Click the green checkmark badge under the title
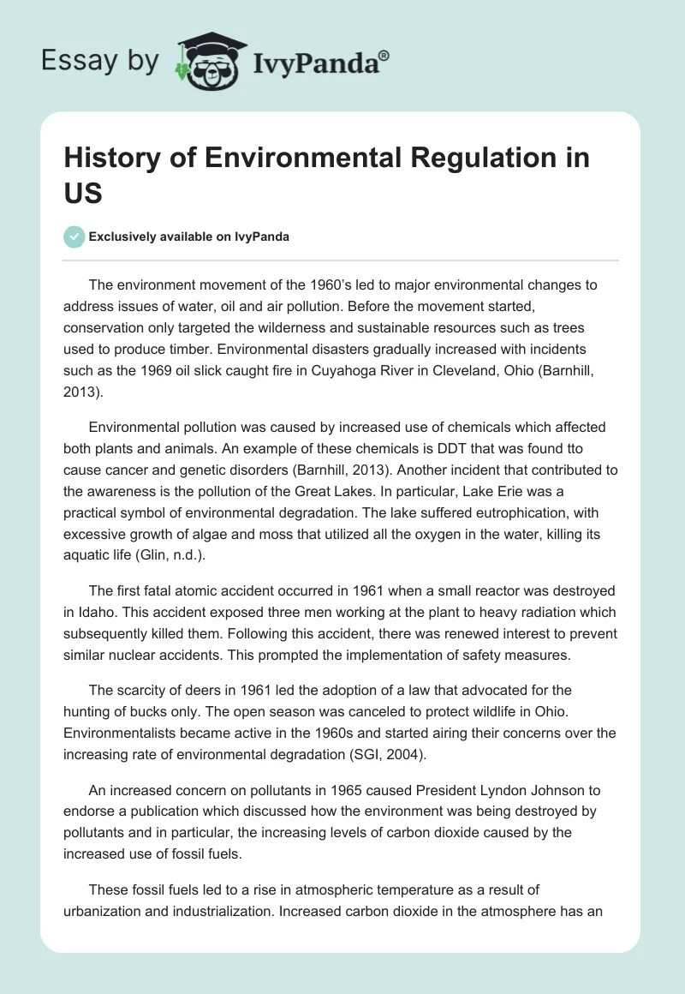[74, 237]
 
